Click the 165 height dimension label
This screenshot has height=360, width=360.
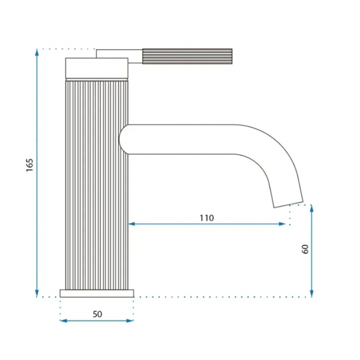coord(29,164)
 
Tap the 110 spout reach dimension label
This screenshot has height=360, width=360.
coord(206,218)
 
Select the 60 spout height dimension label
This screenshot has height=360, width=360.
coord(305,249)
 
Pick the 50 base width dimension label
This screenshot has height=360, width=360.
coord(97,314)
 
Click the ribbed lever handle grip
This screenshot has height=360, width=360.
coord(187,56)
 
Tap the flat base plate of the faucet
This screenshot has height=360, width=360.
coord(97,293)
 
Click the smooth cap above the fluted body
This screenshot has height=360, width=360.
coord(97,68)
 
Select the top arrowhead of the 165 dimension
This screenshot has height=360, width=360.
coord(37,52)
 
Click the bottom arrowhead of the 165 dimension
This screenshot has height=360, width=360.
coord(37,293)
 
